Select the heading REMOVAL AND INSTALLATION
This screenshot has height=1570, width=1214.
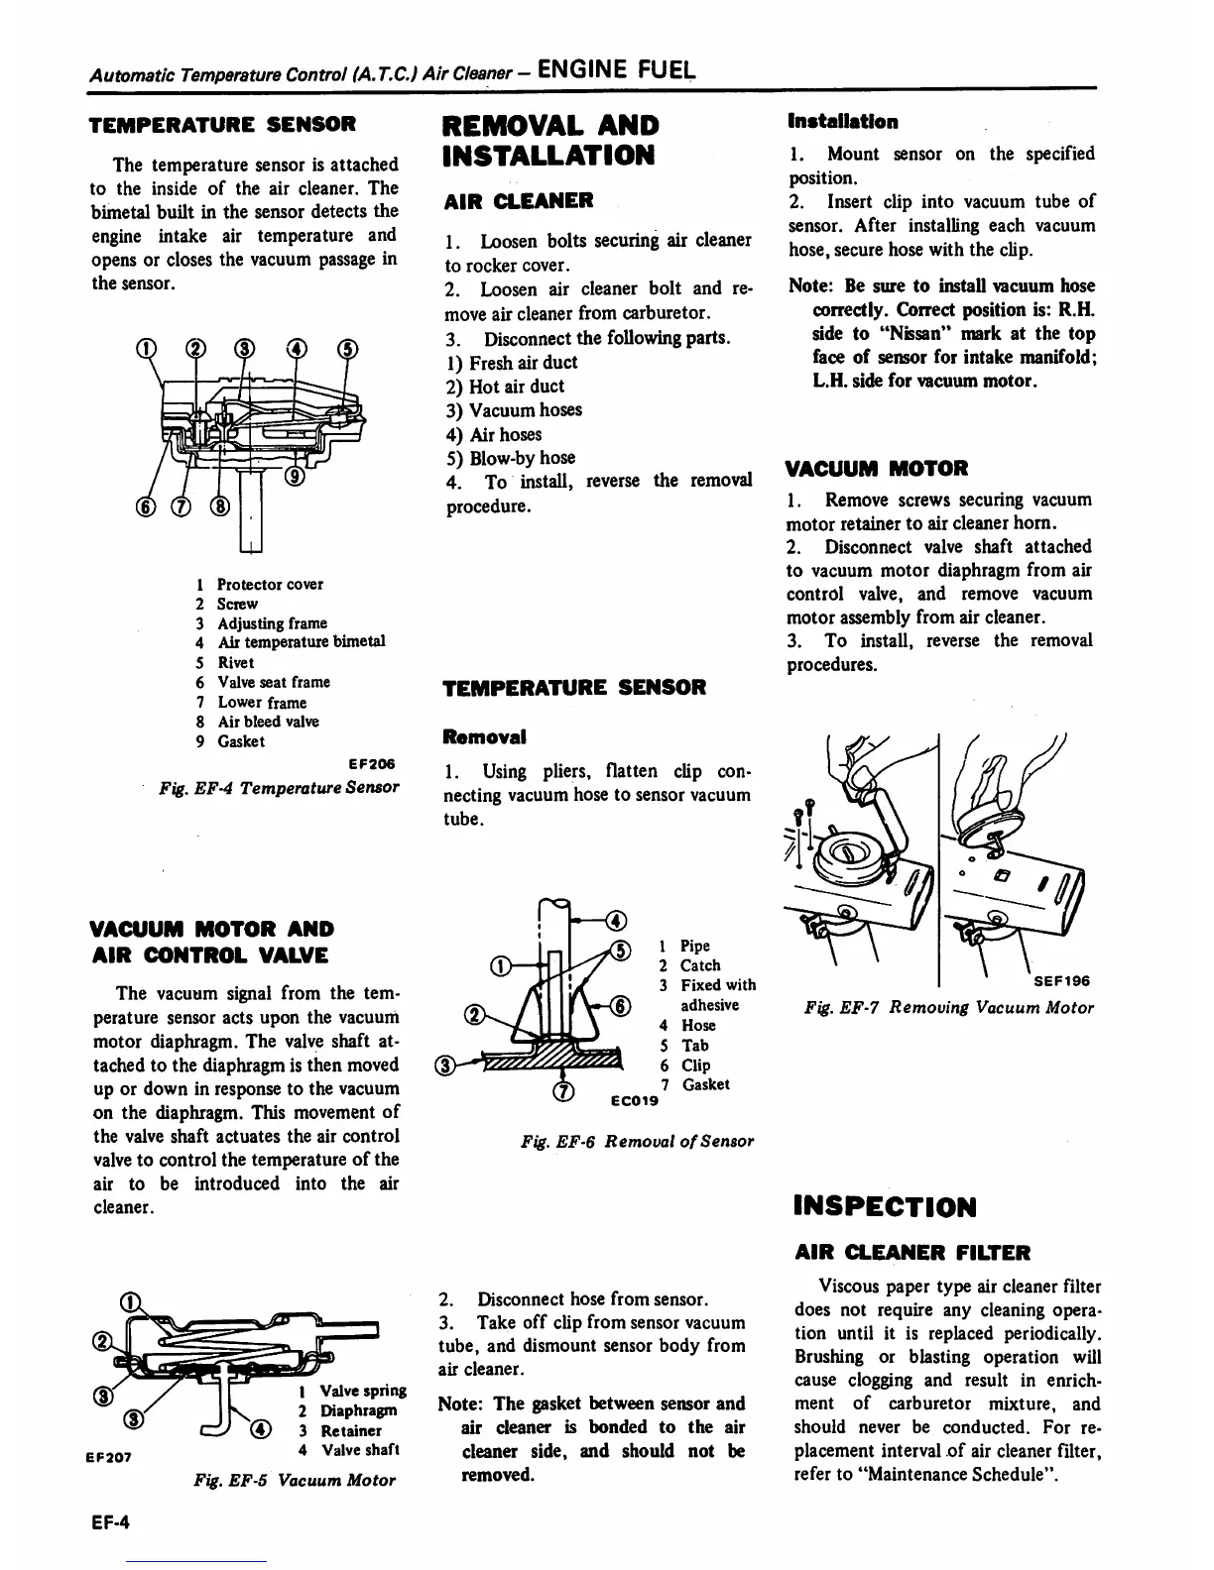549,140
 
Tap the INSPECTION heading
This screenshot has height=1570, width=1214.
885,1206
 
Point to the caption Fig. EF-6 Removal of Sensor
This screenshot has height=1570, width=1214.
637,1141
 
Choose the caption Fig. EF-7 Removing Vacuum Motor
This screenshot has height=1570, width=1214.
949,1007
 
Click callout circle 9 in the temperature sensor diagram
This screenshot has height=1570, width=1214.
295,479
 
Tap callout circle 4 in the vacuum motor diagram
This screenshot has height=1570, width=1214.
261,1428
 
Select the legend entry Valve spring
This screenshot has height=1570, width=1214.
363,1391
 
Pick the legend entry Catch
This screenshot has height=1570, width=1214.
700,965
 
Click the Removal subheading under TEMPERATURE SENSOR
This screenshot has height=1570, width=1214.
484,736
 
